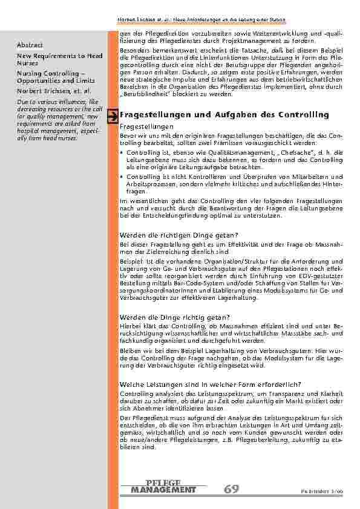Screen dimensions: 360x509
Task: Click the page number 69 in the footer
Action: click(x=231, y=488)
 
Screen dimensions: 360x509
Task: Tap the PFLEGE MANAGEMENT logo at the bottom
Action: click(x=163, y=485)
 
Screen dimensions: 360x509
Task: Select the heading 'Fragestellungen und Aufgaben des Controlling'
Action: click(x=224, y=114)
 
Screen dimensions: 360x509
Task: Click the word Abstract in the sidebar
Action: click(x=30, y=44)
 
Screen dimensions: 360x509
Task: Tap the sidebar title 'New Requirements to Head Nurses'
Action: click(x=59, y=59)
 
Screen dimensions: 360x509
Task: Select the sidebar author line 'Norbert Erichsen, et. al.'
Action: click(x=54, y=91)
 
